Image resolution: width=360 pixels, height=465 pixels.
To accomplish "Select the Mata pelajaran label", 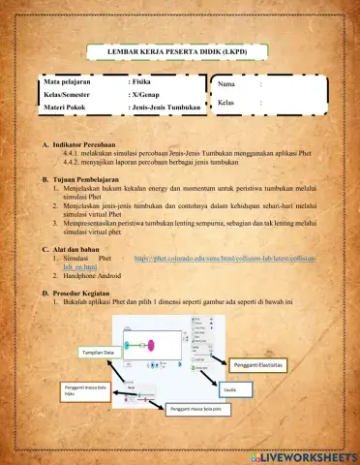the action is pos(70,83).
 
